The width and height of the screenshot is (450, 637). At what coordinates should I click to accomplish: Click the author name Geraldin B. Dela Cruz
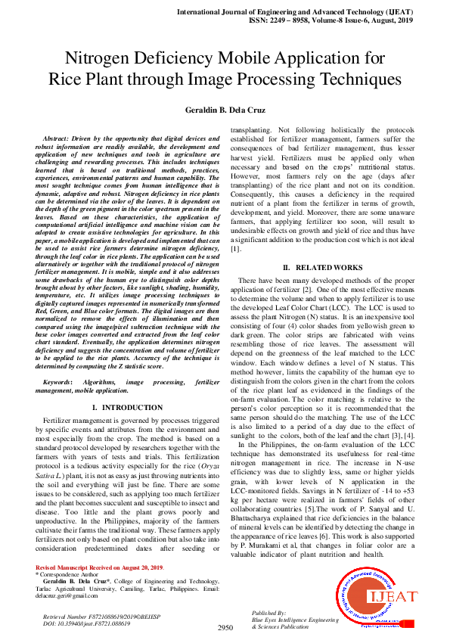[225, 111]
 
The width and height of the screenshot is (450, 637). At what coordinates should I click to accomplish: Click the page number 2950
[225, 627]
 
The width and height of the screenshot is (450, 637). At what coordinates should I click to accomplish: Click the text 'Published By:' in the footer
[269, 612]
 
